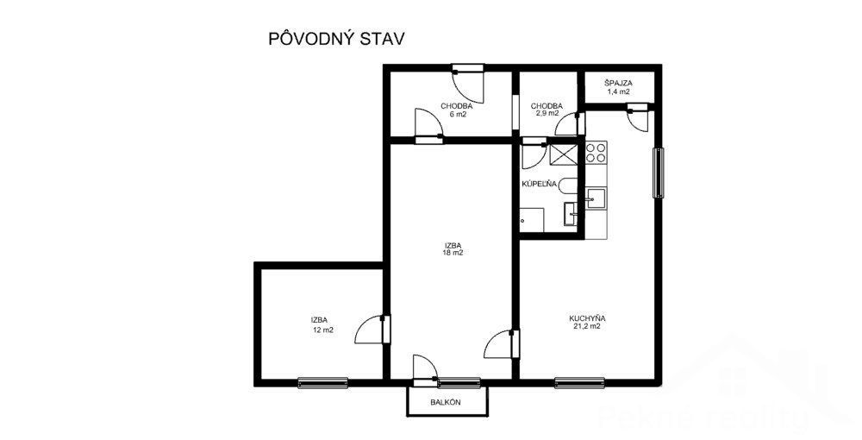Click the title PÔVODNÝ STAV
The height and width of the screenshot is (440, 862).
coord(336,39)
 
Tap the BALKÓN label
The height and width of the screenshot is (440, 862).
coord(446,402)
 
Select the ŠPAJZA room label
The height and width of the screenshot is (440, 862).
coord(618,83)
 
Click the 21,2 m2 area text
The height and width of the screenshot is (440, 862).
coord(587,326)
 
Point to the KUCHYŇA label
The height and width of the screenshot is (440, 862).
coord(587,317)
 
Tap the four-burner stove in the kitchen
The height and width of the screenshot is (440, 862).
coord(596,153)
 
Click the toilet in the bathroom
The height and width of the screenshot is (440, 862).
coord(568,185)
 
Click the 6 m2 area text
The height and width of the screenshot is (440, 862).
coord(456,115)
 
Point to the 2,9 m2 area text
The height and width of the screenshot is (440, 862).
coord(547,114)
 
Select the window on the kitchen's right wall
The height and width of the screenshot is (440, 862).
coord(658,173)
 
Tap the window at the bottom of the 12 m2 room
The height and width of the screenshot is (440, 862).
coord(322,383)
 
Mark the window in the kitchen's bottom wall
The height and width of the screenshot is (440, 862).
coord(580,382)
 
